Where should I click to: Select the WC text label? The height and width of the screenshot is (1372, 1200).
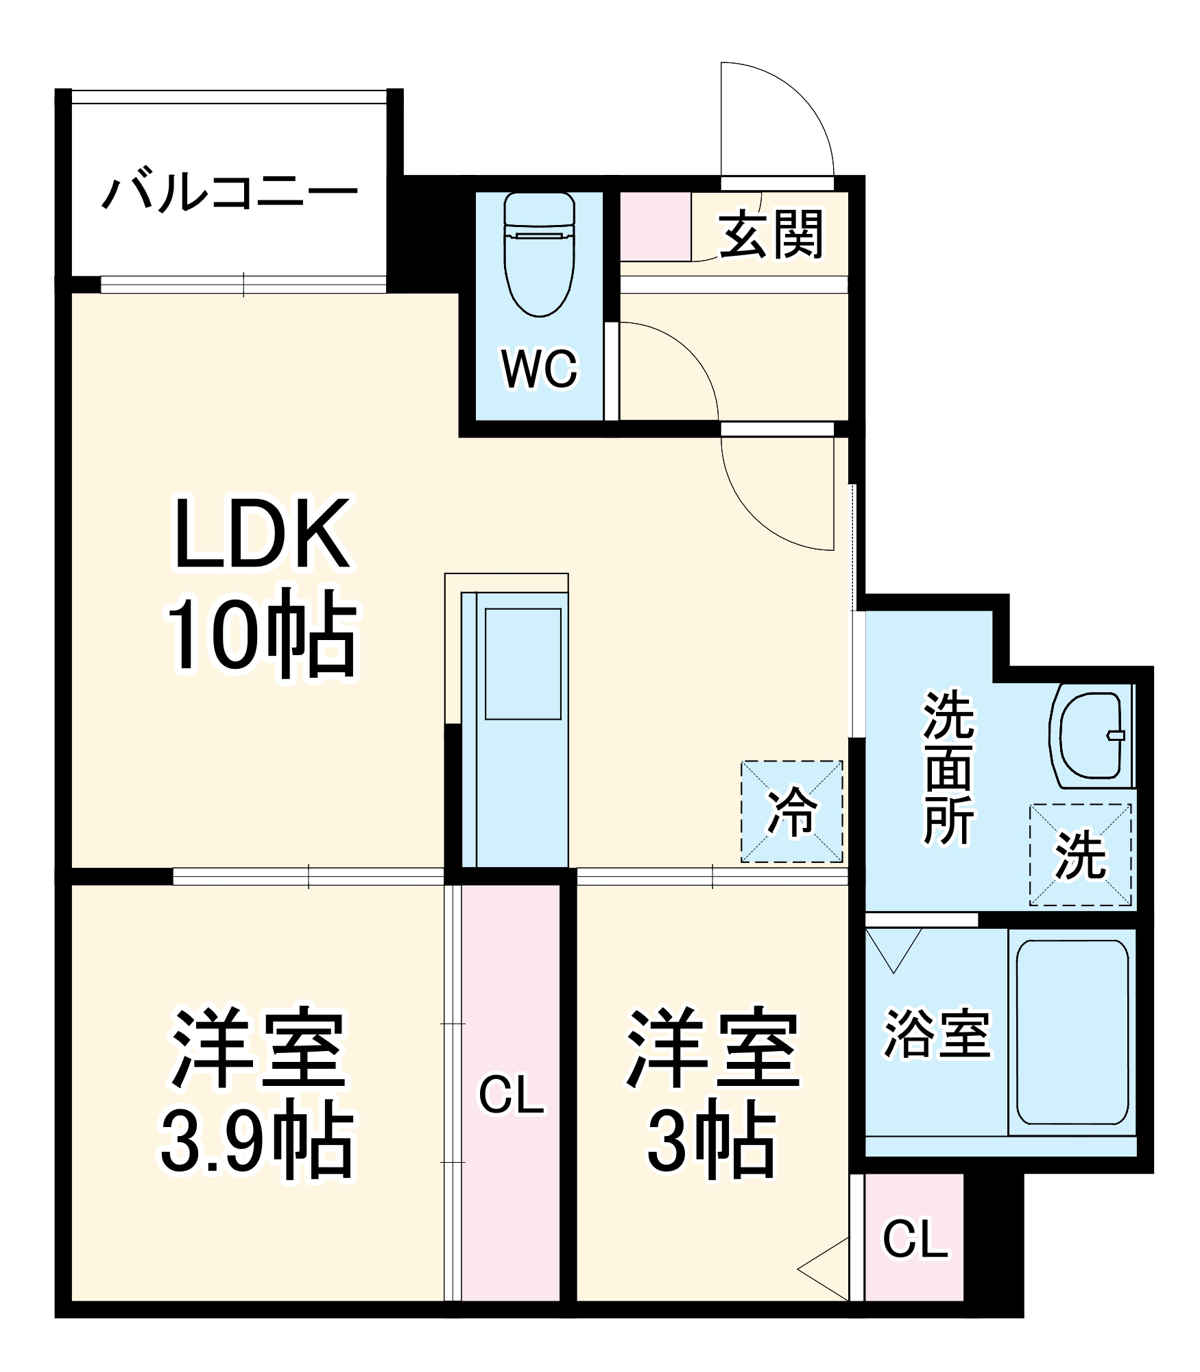tap(540, 370)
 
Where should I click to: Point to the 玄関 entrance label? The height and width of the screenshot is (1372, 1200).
tap(770, 235)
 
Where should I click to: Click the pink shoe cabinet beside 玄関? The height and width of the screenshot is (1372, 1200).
tap(655, 226)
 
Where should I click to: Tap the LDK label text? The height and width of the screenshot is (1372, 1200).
tap(262, 534)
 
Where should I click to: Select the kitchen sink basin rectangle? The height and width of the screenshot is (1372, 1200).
tap(523, 663)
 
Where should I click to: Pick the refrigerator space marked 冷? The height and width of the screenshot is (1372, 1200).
tap(791, 812)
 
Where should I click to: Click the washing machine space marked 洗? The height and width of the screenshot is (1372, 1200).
tap(1080, 855)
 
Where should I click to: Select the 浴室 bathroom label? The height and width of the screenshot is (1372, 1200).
tap(937, 1033)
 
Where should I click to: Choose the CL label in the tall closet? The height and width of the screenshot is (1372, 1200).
tap(511, 1096)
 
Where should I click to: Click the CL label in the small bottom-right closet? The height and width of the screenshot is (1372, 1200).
tap(915, 1239)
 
